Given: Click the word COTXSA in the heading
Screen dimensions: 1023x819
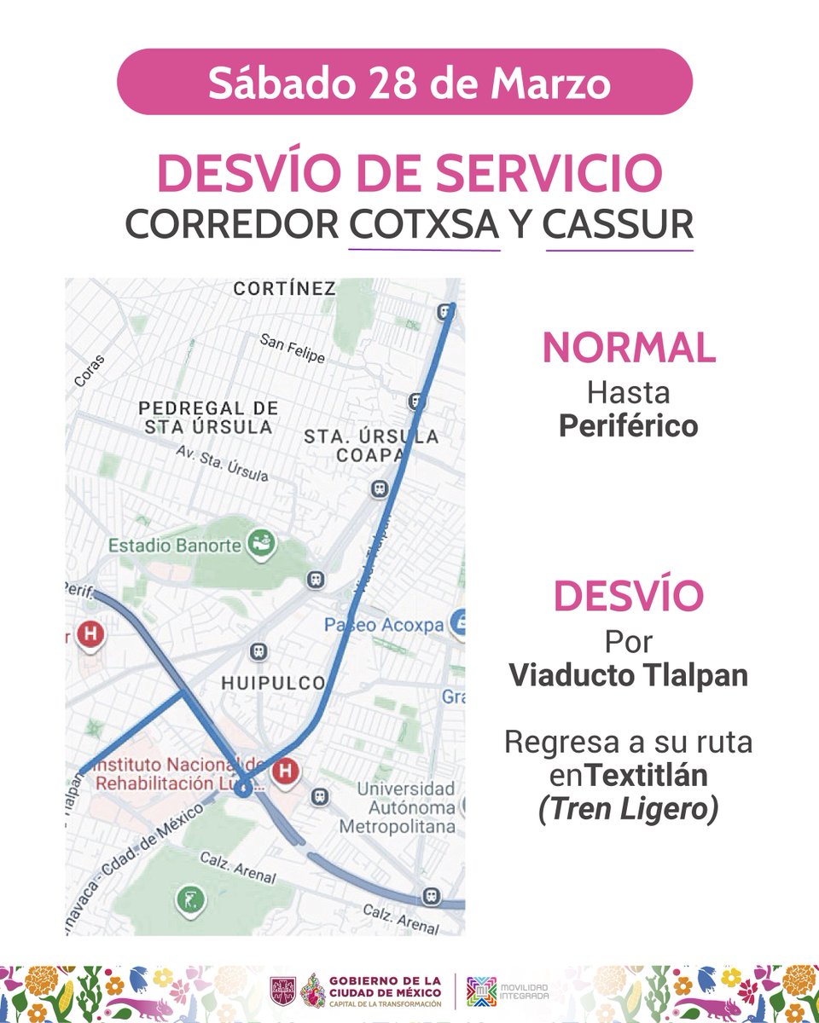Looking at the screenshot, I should click(424, 223).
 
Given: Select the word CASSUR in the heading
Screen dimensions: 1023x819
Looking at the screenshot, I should click(619, 223).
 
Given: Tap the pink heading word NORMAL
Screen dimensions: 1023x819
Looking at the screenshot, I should click(629, 348).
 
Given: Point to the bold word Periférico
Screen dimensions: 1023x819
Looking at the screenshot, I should click(629, 426).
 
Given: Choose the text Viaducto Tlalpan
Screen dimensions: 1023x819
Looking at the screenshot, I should click(629, 675).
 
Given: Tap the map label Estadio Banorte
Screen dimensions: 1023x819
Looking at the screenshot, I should click(175, 546).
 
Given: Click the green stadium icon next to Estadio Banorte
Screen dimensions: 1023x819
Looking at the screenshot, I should click(260, 542).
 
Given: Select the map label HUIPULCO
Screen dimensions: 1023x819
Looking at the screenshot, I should click(273, 683).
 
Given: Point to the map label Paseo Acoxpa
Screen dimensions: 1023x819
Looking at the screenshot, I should click(384, 625).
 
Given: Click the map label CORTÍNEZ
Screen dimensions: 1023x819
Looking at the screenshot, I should click(284, 289).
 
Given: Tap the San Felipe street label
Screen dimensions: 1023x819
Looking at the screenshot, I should click(293, 348).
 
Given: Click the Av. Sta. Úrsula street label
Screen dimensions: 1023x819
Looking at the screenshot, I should click(222, 462).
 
